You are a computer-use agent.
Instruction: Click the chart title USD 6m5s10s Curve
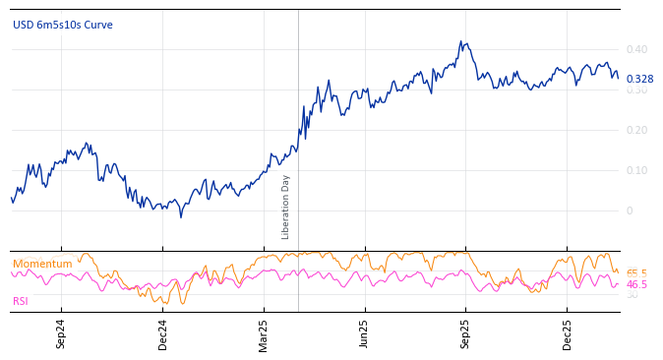click(63, 26)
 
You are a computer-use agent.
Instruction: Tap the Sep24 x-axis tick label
click(61, 333)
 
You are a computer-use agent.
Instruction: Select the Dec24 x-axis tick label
click(163, 333)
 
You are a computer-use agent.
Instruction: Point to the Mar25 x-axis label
click(264, 333)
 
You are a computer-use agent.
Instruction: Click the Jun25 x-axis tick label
click(365, 333)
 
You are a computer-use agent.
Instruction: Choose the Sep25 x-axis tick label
click(466, 333)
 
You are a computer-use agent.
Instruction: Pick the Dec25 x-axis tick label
click(568, 333)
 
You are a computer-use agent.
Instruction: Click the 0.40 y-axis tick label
click(636, 49)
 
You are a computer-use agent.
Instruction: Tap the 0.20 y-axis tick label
click(636, 130)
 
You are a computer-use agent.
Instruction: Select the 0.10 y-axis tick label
click(636, 170)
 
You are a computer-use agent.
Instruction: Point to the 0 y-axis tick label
click(630, 210)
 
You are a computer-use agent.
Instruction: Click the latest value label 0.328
click(639, 79)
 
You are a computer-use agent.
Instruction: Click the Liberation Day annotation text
click(286, 207)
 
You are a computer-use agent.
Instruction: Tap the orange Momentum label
click(42, 264)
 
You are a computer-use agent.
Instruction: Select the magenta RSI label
click(21, 301)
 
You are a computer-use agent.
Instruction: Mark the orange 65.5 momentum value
click(636, 273)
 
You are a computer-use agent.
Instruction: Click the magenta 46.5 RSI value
click(636, 284)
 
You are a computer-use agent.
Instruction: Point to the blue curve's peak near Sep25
click(460, 42)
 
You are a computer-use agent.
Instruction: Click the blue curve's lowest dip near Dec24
click(180, 216)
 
